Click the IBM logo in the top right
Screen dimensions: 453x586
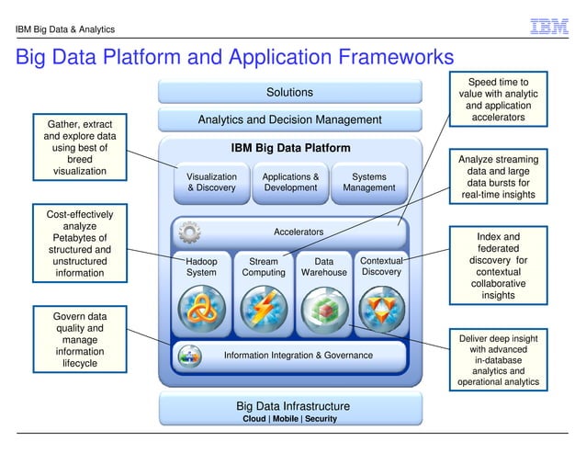tap(549, 28)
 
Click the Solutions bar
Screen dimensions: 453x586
tap(289, 92)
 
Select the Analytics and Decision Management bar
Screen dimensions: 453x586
tap(289, 119)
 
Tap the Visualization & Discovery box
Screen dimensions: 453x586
tap(211, 182)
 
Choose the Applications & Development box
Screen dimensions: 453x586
tap(290, 182)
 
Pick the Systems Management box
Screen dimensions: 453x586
tap(369, 182)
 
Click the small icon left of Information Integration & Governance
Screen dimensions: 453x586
tap(190, 355)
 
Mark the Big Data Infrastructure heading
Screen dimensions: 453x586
tap(292, 405)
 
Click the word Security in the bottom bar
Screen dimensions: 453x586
tap(321, 419)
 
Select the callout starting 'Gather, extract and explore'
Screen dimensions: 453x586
tap(80, 147)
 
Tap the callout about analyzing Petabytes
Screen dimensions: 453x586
tap(80, 243)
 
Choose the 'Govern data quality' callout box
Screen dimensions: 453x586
tap(80, 340)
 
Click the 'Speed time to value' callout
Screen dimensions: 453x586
tap(499, 100)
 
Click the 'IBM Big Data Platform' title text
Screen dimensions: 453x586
tap(290, 148)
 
